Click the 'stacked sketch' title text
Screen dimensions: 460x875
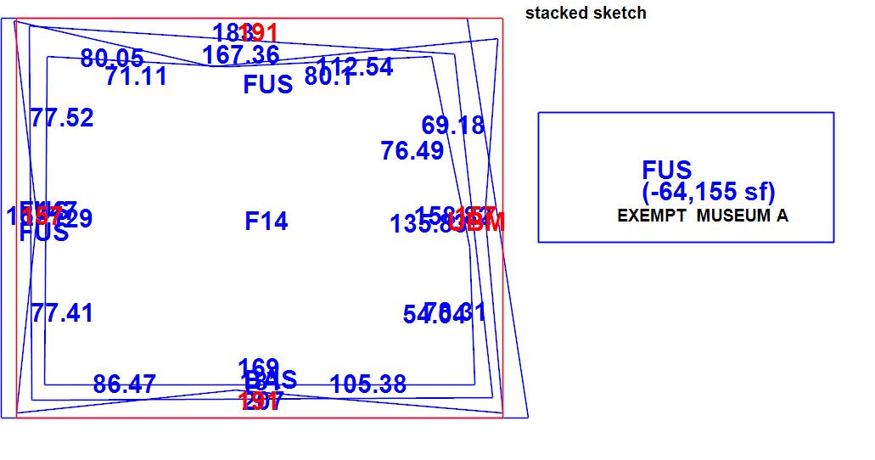586,14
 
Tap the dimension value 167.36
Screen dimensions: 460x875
241,55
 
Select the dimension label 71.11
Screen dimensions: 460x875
137,77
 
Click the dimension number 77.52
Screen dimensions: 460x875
62,118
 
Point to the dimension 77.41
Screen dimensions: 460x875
62,313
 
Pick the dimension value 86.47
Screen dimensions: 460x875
125,384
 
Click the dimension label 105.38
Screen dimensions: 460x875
368,384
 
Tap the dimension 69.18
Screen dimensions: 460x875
453,126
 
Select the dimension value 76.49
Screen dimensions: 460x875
412,151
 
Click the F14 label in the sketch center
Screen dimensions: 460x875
266,222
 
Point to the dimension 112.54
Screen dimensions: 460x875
356,67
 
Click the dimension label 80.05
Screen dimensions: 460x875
112,59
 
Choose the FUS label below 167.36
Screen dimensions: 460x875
268,85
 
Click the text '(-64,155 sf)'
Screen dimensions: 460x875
710,192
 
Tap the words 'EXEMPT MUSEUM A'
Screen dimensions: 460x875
703,216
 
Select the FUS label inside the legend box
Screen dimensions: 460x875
667,170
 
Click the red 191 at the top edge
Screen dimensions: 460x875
260,33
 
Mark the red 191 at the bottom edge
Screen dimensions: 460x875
260,401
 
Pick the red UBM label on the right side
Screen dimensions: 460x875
478,222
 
